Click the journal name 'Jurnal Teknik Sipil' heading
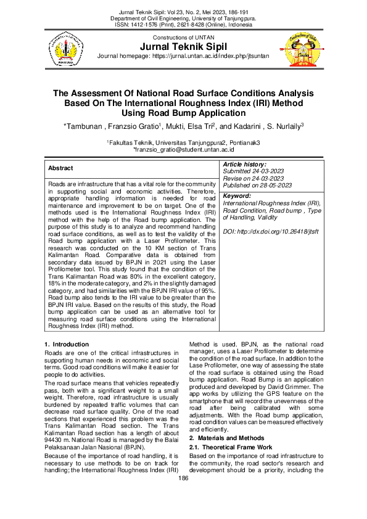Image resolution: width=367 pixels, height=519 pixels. coord(184,47)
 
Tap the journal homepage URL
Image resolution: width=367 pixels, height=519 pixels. coord(184,57)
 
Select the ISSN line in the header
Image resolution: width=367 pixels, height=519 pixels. coord(184,27)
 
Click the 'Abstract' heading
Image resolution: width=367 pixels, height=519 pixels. coord(60,168)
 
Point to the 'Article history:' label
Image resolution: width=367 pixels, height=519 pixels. coord(244,165)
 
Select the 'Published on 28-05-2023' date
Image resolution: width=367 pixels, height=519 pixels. coord(257,185)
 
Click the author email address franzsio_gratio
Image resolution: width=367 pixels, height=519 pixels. coord(183,150)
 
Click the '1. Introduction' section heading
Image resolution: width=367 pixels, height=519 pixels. coord(67,343)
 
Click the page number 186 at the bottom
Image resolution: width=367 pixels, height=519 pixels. coord(183,478)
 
